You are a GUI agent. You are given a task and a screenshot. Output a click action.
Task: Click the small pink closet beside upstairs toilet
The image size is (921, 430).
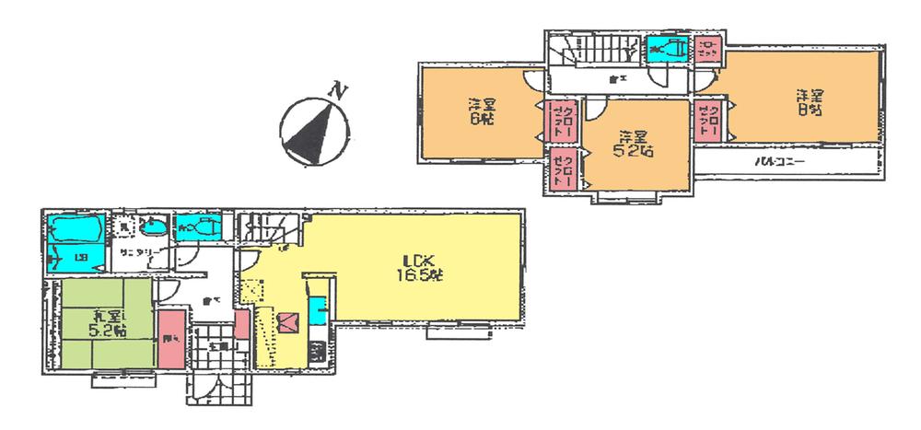tap(707, 47)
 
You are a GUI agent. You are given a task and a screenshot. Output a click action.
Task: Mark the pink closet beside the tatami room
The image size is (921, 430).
tap(170, 339)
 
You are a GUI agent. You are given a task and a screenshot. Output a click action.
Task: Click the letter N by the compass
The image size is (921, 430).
tap(340, 90)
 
